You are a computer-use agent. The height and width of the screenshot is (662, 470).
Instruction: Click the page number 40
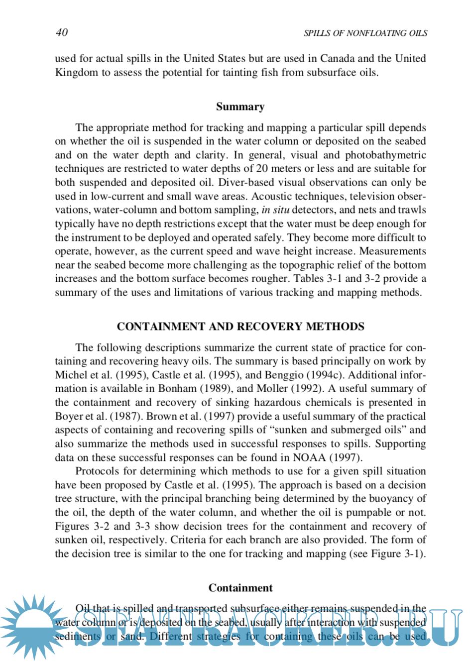point(62,32)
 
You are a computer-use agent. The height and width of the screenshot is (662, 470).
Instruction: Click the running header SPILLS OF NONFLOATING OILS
point(365,33)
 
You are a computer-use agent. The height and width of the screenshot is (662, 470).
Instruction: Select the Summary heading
point(240,107)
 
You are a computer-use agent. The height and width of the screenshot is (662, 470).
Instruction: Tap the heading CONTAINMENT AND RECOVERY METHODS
point(240,327)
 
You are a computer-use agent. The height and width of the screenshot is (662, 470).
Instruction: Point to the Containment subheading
point(240,588)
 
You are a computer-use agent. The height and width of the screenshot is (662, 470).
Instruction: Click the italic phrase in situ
point(275,210)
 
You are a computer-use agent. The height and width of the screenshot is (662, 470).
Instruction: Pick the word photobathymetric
point(386,155)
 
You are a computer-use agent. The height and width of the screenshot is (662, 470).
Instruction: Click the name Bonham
point(176,389)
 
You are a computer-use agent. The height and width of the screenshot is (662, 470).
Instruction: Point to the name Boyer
point(69,416)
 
